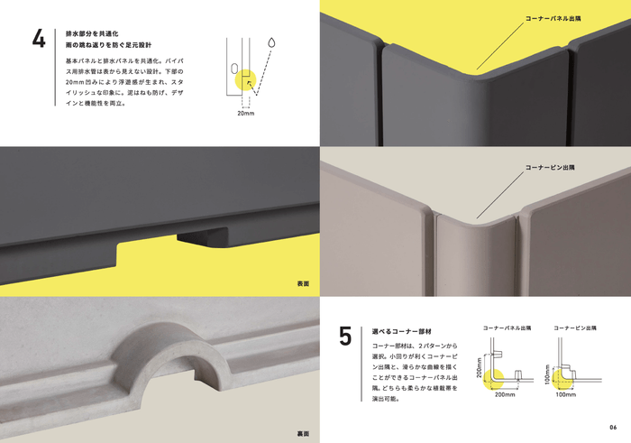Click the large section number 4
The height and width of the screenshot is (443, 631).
(39, 43)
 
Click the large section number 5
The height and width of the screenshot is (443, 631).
(345, 337)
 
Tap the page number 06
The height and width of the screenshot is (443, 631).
(613, 427)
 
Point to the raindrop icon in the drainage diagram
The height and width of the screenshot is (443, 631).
(271, 42)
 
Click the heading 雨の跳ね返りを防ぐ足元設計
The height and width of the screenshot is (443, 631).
(111, 44)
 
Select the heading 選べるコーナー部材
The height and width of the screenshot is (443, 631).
(398, 331)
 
